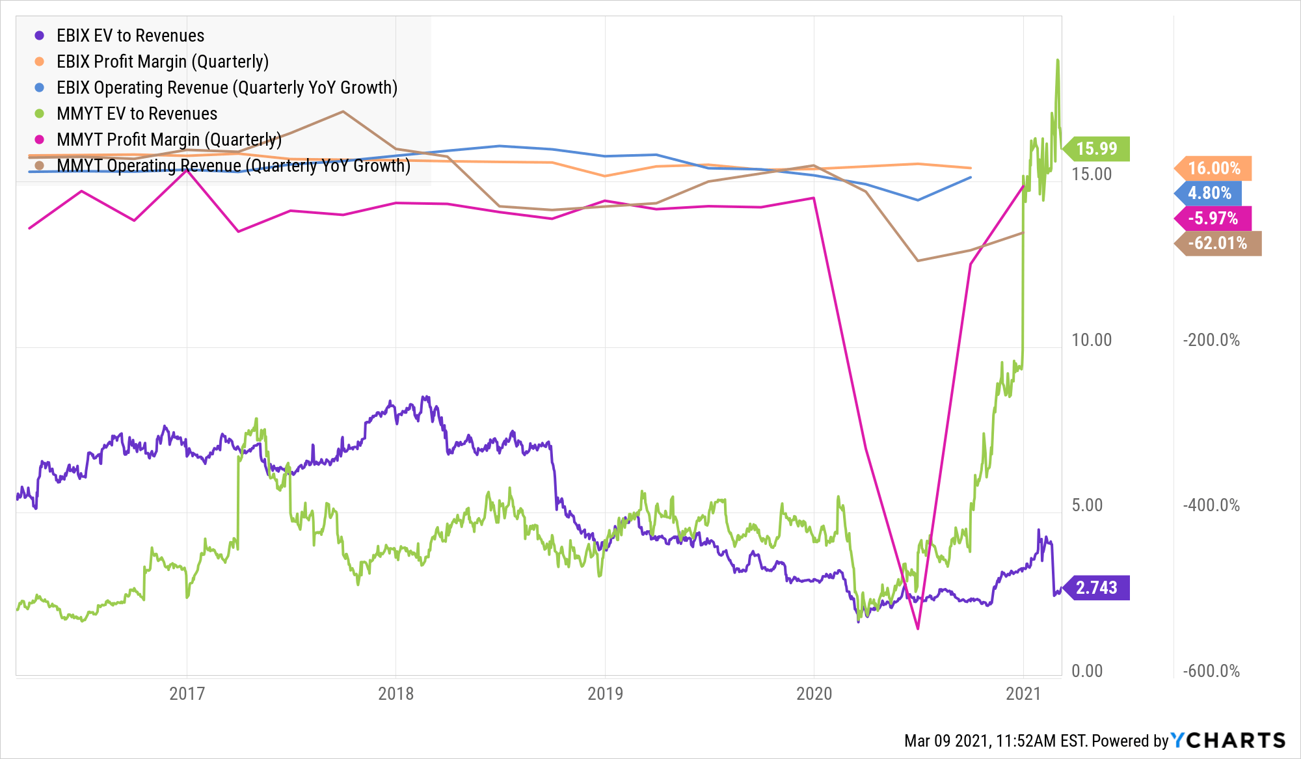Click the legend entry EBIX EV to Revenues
[130, 36]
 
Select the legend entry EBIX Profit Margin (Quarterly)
[162, 62]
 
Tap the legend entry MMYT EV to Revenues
[137, 114]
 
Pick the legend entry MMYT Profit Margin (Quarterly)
[168, 140]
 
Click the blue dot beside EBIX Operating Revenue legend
[40, 88]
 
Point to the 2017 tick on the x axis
[187, 693]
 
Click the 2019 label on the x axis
[605, 693]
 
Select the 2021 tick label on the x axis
[1023, 693]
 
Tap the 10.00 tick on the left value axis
[1092, 340]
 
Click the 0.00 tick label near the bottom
[1087, 671]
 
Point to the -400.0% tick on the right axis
[1211, 505]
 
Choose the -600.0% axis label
[1211, 671]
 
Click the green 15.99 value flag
[1097, 149]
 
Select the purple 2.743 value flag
[1097, 588]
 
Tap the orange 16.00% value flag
[1214, 168]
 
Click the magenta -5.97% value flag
[1213, 219]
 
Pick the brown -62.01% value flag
[1218, 243]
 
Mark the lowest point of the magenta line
[918, 628]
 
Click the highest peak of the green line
[1058, 60]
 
